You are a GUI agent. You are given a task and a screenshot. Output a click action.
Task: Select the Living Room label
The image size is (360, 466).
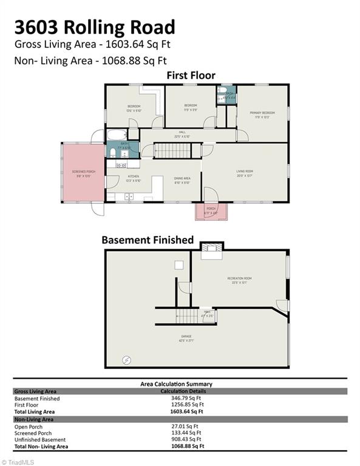tap(244, 173)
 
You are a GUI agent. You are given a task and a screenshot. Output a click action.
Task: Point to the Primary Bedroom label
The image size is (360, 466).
tap(262, 113)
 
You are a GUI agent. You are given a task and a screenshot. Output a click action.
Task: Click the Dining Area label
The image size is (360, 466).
tap(182, 181)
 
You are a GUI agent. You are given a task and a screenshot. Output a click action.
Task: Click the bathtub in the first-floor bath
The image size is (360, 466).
tap(117, 135)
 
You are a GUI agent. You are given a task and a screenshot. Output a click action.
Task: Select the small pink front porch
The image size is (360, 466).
tap(211, 212)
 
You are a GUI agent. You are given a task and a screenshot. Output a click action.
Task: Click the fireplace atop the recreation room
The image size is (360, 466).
tap(211, 248)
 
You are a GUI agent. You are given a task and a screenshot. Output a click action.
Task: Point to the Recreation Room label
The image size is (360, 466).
tap(239, 280)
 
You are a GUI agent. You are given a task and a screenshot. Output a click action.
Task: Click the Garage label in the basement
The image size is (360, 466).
tap(186, 338)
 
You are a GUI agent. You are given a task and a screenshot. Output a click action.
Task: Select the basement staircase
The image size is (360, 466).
tap(186, 316)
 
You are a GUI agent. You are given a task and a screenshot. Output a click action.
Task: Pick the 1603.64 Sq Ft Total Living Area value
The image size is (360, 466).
tap(187, 411)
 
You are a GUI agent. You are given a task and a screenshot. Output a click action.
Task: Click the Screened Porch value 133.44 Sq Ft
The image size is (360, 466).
tap(187, 433)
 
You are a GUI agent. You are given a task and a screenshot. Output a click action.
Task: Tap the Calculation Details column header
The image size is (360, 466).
tap(187, 391)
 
